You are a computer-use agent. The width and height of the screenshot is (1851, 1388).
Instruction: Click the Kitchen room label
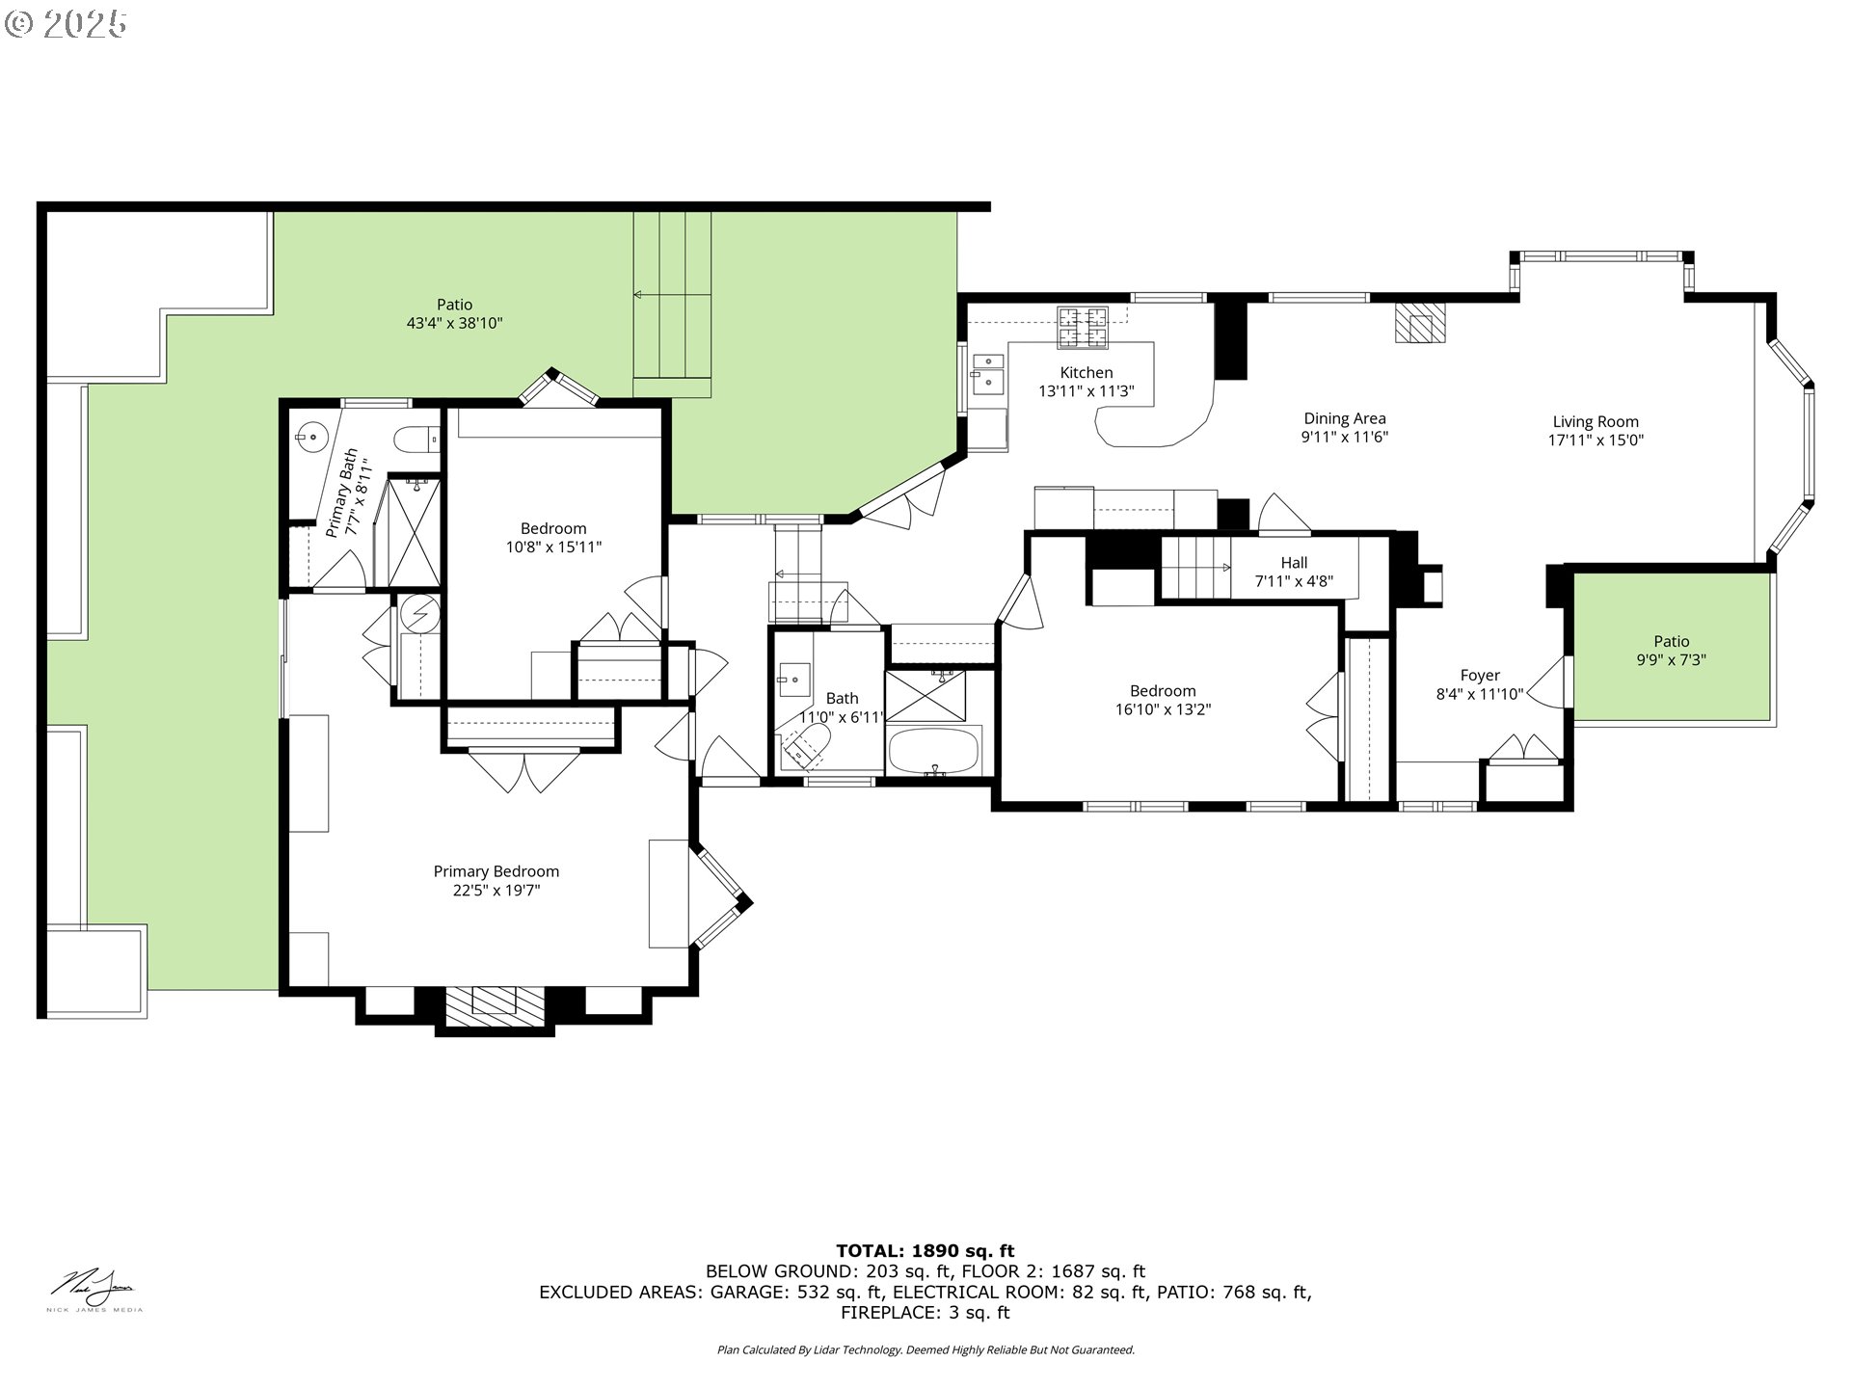(1086, 373)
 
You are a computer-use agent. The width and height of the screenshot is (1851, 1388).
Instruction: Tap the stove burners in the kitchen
(1083, 327)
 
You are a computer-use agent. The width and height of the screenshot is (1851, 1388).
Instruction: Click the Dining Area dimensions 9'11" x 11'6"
(1344, 437)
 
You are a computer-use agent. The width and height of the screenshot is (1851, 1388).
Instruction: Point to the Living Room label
(1596, 422)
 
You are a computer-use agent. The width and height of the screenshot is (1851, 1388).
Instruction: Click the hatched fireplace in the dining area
(1422, 323)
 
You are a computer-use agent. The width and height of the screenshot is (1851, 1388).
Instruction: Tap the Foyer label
(1480, 676)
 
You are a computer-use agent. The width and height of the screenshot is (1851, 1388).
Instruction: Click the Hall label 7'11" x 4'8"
(1294, 572)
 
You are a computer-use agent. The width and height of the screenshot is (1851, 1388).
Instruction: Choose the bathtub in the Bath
(933, 751)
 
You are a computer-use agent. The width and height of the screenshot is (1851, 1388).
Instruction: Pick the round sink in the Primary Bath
(311, 438)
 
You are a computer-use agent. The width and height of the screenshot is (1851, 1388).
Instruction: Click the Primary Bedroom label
(496, 871)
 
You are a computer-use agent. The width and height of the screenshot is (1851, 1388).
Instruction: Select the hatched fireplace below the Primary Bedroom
(495, 1007)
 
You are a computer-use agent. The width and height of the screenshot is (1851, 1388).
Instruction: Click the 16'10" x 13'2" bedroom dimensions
(1163, 709)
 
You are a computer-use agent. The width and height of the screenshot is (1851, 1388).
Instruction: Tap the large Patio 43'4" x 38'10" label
(454, 314)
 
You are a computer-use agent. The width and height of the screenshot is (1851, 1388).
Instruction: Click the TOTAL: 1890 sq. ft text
(925, 1251)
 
